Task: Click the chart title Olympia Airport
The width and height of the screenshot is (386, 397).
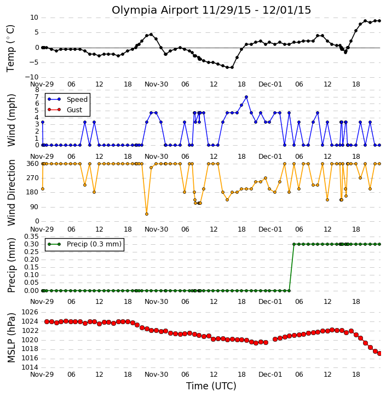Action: (155, 10)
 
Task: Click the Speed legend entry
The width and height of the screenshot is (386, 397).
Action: (67, 100)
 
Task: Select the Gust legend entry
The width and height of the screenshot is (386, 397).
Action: (65, 110)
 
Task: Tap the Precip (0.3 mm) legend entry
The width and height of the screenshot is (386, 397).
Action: (84, 244)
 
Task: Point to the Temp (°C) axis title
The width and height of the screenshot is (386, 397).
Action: (10, 48)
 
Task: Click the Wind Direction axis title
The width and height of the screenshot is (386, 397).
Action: (11, 192)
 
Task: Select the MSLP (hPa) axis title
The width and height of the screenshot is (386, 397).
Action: (11, 338)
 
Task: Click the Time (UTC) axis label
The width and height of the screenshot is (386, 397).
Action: (211, 386)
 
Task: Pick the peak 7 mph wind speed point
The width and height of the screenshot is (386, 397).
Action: (246, 97)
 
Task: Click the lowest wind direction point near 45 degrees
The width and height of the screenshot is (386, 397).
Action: (147, 214)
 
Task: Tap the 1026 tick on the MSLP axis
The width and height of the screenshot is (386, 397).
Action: (30, 312)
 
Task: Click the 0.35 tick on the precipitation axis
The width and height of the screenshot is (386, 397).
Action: (31, 237)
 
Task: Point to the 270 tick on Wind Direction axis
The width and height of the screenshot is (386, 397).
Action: (33, 178)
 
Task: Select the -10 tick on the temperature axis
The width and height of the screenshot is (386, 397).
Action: (32, 77)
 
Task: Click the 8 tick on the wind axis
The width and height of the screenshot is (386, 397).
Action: (37, 90)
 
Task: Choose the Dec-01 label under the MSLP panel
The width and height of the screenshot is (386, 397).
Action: (270, 374)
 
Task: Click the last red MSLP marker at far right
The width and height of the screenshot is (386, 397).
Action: (379, 353)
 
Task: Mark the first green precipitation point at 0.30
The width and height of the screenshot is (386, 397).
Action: (294, 244)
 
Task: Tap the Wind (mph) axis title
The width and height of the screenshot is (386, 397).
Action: (11, 120)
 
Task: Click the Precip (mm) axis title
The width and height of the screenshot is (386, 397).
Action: (11, 266)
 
